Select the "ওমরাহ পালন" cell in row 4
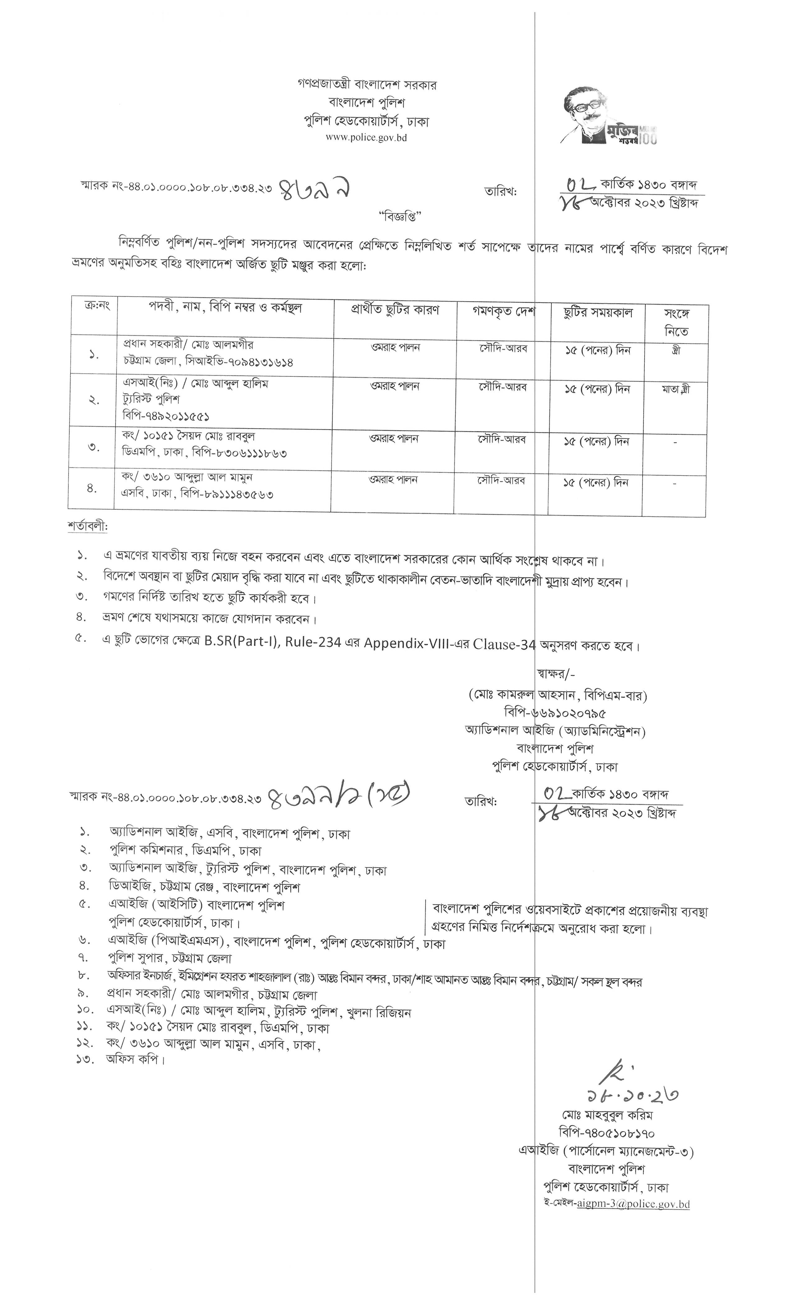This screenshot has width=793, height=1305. [x=393, y=479]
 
